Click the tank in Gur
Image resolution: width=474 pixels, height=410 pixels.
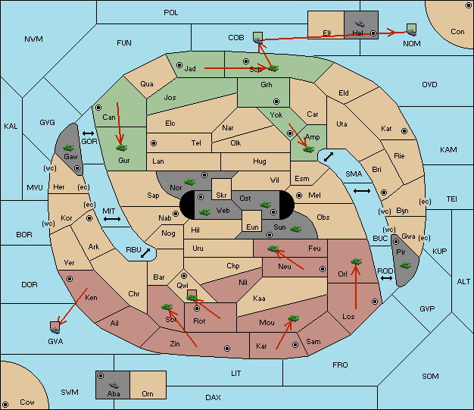(x=121, y=148)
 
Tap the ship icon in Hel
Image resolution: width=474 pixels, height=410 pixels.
(x=360, y=23)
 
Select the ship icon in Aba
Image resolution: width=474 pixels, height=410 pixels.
(x=114, y=385)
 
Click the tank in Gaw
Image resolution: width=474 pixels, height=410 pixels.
(x=69, y=148)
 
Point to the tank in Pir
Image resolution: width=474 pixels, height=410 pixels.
(x=405, y=265)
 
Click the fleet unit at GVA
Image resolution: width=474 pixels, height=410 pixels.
(x=55, y=327)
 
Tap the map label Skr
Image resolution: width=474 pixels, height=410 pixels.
(x=221, y=196)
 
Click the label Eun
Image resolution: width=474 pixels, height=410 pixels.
(x=252, y=227)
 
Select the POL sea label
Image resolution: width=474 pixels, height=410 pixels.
(x=171, y=13)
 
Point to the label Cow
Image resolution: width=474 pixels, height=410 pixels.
(x=27, y=402)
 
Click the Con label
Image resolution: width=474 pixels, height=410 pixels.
(x=457, y=32)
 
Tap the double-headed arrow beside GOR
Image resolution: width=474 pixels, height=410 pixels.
(x=88, y=133)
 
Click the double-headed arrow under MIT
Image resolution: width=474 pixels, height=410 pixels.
(x=112, y=219)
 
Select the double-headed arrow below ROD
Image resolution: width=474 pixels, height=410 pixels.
(x=386, y=278)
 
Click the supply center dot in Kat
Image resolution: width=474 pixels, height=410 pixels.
(x=404, y=131)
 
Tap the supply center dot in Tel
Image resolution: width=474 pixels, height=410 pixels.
(x=154, y=142)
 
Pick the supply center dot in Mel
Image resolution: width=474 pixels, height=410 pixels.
(x=299, y=196)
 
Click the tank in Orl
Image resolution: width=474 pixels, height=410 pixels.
(x=356, y=261)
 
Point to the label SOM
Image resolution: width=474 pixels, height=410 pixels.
(x=430, y=376)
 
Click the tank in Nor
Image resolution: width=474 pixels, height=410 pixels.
(x=190, y=182)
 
